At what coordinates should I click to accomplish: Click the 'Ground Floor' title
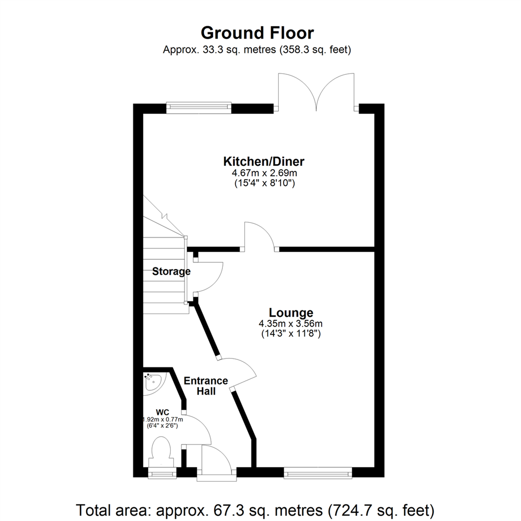257,33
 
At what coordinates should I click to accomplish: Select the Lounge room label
291,313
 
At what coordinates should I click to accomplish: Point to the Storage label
171,272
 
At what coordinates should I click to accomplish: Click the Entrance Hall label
206,386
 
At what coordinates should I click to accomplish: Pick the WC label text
162,412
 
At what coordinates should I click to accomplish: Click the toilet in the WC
161,450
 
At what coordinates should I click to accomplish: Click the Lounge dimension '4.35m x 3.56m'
291,323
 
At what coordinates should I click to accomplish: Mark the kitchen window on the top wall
199,108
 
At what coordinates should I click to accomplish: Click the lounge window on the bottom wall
318,472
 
